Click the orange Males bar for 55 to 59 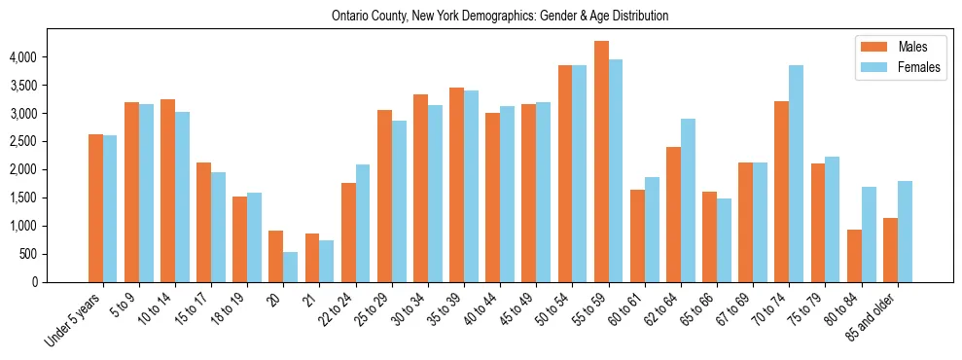601,162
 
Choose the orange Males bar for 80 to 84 854,256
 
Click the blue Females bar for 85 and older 905,232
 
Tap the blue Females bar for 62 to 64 688,200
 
